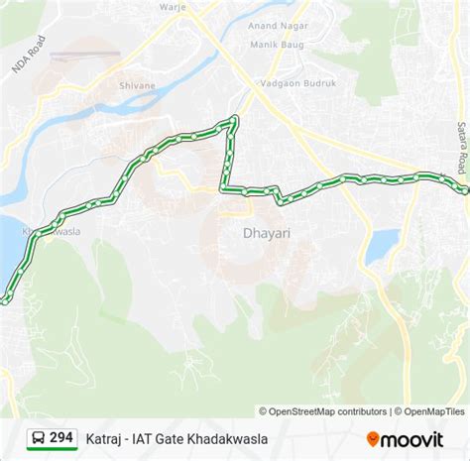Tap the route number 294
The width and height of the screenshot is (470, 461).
click(x=60, y=437)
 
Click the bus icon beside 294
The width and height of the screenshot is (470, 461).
click(x=37, y=437)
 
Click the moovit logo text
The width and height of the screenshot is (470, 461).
click(x=412, y=437)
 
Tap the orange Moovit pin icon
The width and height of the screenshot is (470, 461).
click(x=373, y=437)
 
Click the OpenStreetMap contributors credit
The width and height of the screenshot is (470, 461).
click(x=323, y=411)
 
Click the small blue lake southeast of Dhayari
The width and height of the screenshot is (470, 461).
click(x=382, y=246)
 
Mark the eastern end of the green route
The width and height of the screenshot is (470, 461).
click(x=464, y=188)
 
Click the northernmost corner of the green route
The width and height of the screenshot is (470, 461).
click(x=234, y=120)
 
